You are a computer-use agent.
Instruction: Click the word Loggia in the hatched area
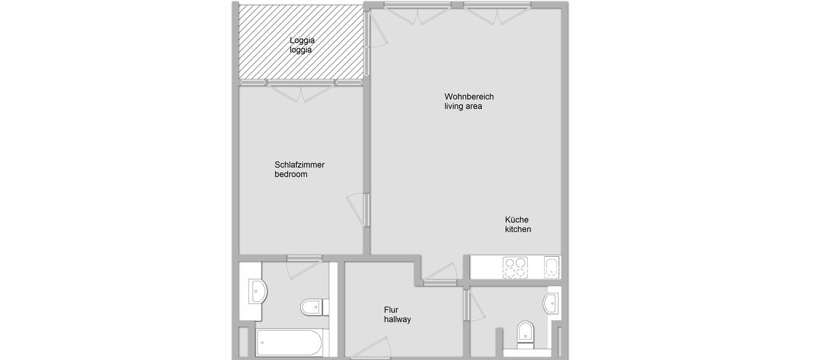click(x=302, y=41)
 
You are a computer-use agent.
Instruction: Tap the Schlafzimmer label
click(x=299, y=164)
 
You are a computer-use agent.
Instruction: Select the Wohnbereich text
click(x=469, y=97)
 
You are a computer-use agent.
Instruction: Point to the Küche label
click(x=517, y=220)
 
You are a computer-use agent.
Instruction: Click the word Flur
click(x=391, y=310)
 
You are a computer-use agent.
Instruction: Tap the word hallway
click(x=397, y=320)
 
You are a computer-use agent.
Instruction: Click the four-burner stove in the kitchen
click(x=515, y=268)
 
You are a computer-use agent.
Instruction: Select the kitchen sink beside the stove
click(x=551, y=267)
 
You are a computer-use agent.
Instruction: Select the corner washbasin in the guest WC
click(x=551, y=304)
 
